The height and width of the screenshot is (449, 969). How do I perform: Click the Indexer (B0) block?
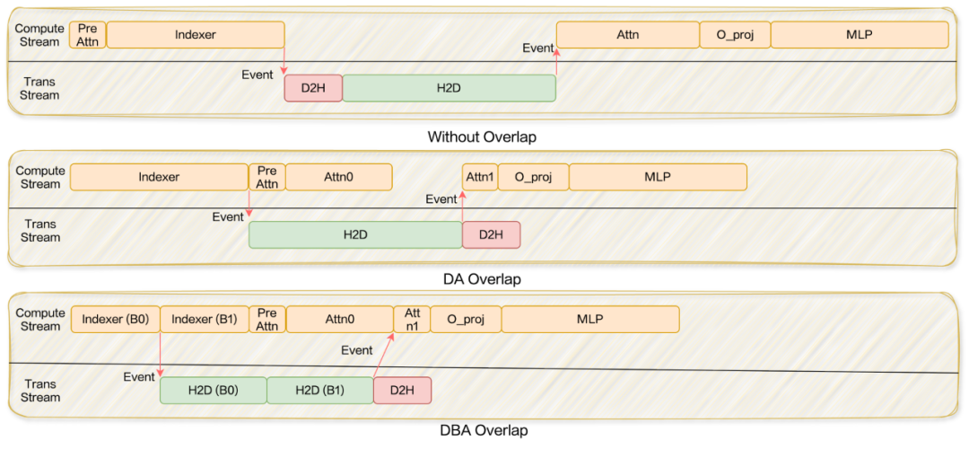pyautogui.click(x=115, y=319)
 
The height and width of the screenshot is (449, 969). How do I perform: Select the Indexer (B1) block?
pyautogui.click(x=205, y=319)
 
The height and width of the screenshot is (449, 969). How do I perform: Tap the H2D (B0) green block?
pyautogui.click(x=214, y=390)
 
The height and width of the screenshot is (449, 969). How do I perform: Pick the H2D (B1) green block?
pyautogui.click(x=320, y=390)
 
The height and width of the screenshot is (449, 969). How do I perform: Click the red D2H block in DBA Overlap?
pyautogui.click(x=402, y=390)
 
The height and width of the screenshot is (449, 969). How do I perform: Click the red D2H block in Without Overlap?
pyautogui.click(x=313, y=88)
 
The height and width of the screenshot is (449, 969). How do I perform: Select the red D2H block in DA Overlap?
pyautogui.click(x=491, y=234)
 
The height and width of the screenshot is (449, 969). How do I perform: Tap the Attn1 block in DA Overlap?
pyautogui.click(x=480, y=177)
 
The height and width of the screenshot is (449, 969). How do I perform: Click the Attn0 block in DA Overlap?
pyautogui.click(x=338, y=177)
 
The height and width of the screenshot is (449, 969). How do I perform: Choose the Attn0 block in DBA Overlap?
pyautogui.click(x=339, y=319)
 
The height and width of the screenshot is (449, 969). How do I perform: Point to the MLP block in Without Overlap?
pyautogui.click(x=859, y=35)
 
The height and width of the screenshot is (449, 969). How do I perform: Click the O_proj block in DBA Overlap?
pyautogui.click(x=466, y=319)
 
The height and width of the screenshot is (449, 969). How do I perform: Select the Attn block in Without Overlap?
pyautogui.click(x=627, y=35)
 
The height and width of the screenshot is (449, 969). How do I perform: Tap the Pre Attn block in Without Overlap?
pyautogui.click(x=88, y=35)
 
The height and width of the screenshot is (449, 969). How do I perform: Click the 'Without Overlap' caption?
pyautogui.click(x=483, y=137)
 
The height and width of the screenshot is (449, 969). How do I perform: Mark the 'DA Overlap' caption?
pyautogui.click(x=482, y=279)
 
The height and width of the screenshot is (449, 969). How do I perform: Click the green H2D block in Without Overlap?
pyautogui.click(x=449, y=88)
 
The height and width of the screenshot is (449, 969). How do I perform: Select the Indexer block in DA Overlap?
pyautogui.click(x=159, y=177)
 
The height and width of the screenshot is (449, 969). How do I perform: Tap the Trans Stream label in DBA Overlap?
pyautogui.click(x=40, y=391)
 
